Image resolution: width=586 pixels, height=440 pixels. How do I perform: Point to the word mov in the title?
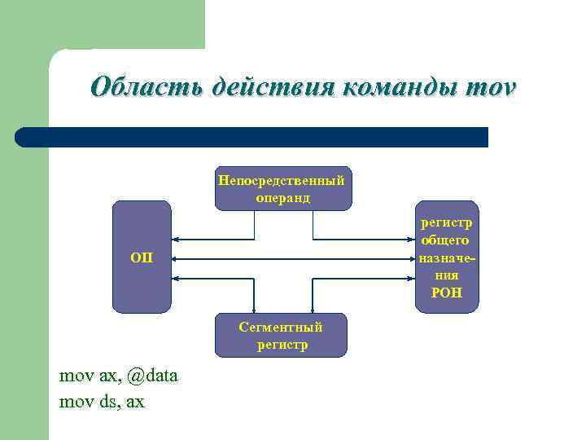pyautogui.click(x=488, y=86)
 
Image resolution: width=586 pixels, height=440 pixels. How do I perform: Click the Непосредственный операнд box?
pyautogui.click(x=281, y=188)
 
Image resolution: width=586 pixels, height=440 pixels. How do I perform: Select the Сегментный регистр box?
pyautogui.click(x=281, y=335)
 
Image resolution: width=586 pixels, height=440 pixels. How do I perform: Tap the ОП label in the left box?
pyautogui.click(x=142, y=258)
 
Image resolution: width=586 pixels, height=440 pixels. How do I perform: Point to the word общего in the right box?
pyautogui.click(x=445, y=240)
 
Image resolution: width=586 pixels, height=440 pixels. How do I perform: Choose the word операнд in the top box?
pyautogui.click(x=281, y=198)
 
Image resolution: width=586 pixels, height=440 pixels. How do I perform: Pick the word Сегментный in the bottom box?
pyautogui.click(x=281, y=327)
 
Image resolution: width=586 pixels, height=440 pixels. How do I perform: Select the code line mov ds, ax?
pyautogui.click(x=102, y=401)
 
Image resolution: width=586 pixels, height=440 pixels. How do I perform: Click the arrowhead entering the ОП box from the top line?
pyautogui.click(x=176, y=240)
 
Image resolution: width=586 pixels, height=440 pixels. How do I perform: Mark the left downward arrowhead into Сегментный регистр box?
pyautogui.click(x=254, y=309)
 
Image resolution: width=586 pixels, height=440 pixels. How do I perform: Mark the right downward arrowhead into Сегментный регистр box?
pyautogui.click(x=313, y=309)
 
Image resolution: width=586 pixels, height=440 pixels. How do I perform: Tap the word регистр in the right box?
pyautogui.click(x=447, y=222)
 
